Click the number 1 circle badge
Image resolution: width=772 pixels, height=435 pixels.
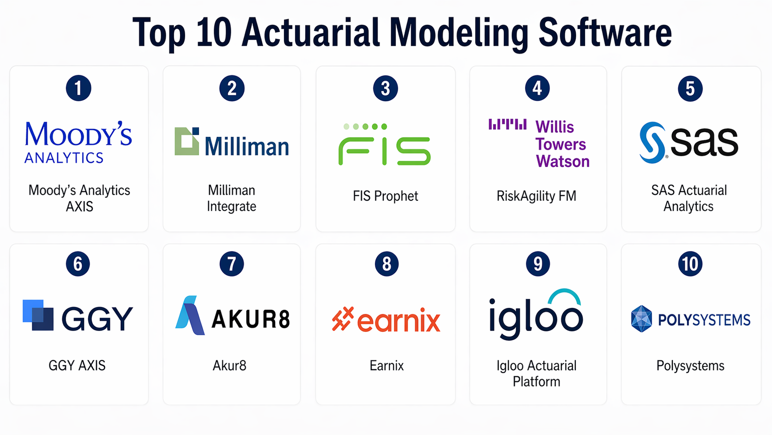tap(78, 88)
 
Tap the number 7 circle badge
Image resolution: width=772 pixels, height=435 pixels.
tap(232, 264)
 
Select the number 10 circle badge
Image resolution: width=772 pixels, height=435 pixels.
tap(690, 264)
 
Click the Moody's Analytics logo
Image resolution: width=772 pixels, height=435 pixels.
tap(78, 142)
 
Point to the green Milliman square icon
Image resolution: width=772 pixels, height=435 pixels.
tap(187, 141)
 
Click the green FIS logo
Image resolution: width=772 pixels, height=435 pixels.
tap(385, 144)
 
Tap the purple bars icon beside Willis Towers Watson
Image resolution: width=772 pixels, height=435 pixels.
tap(507, 124)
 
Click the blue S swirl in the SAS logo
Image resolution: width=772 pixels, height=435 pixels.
tap(652, 142)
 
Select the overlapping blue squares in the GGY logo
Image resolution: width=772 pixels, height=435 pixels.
tap(38, 315)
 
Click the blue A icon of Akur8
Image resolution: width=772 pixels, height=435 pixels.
tap(190, 315)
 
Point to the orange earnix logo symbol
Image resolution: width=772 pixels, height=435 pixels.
tap(343, 319)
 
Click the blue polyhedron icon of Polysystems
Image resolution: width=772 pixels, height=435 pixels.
tap(641, 319)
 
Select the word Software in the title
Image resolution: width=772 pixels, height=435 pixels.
tap(605, 32)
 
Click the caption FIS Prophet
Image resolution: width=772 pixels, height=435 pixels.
tap(386, 196)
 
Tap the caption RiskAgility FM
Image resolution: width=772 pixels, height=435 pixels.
tap(536, 196)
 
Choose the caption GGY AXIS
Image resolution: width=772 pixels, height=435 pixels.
tap(77, 366)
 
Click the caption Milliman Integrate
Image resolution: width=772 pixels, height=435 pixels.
tap(232, 198)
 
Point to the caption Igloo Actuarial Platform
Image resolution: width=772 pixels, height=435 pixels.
tap(536, 374)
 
